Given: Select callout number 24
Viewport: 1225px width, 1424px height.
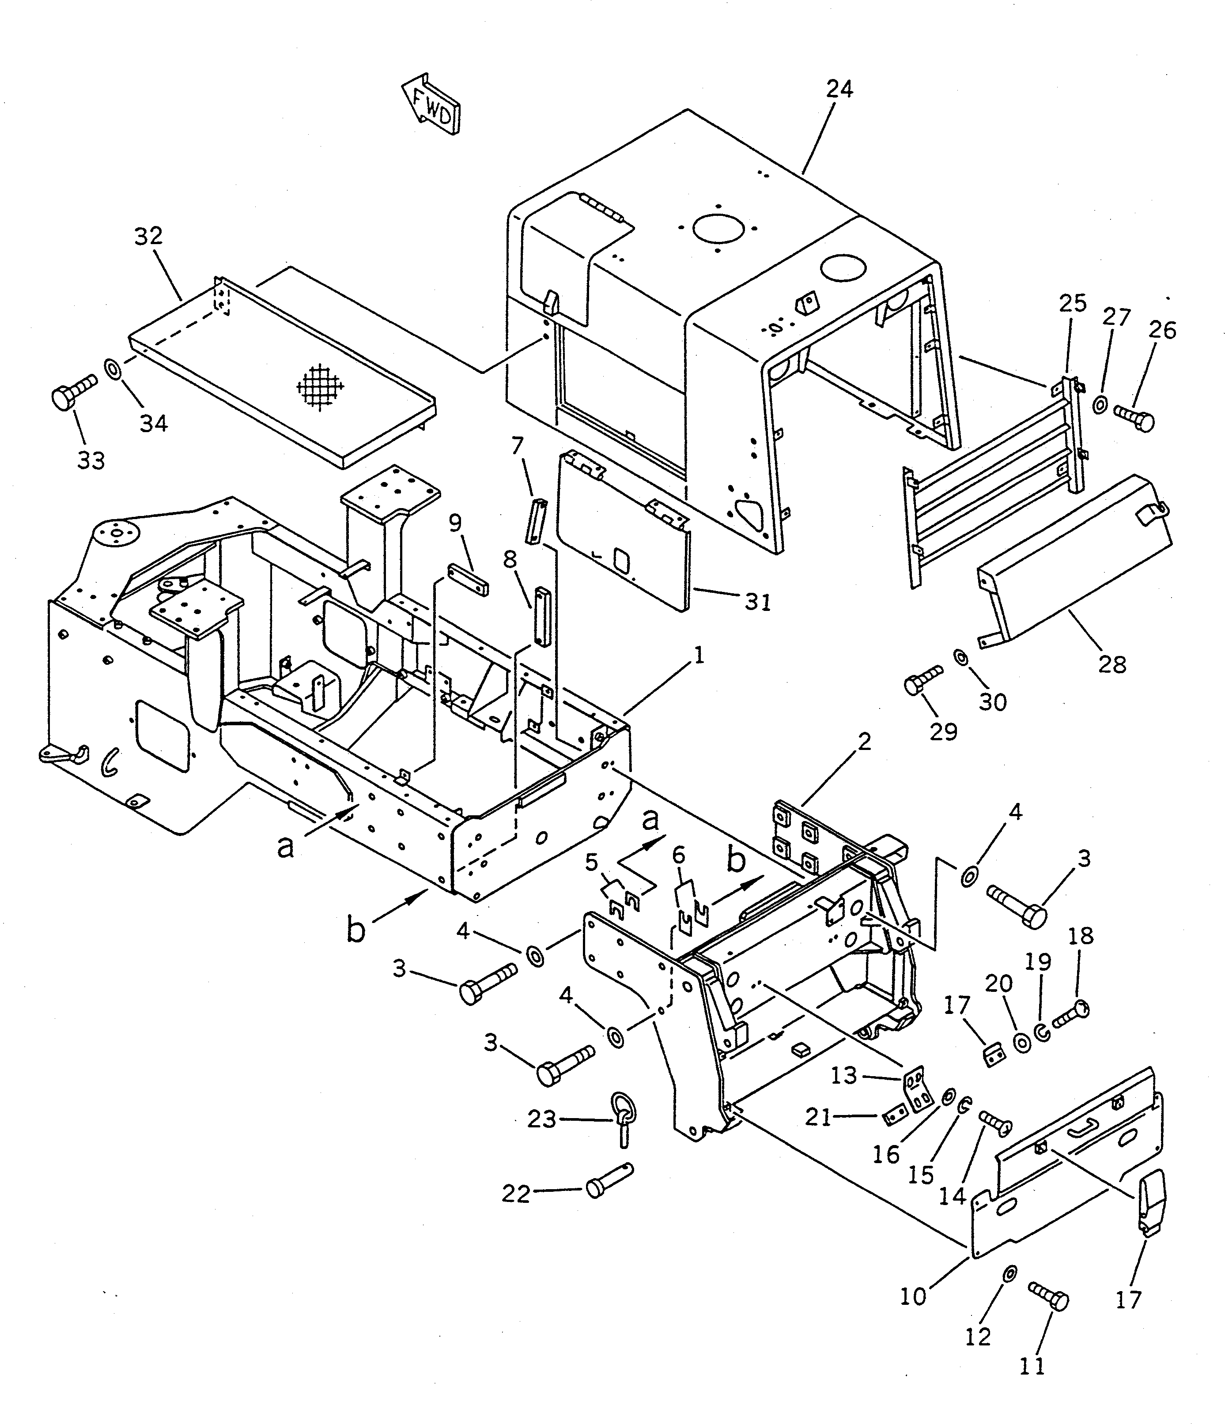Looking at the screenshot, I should click(839, 89).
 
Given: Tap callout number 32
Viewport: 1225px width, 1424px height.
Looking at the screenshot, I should click(148, 236).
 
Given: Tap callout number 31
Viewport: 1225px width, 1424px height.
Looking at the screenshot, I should click(757, 602).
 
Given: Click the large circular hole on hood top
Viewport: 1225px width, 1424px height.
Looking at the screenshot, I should click(719, 228).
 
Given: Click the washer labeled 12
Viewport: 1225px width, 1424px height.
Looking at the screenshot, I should click(1009, 1273).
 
